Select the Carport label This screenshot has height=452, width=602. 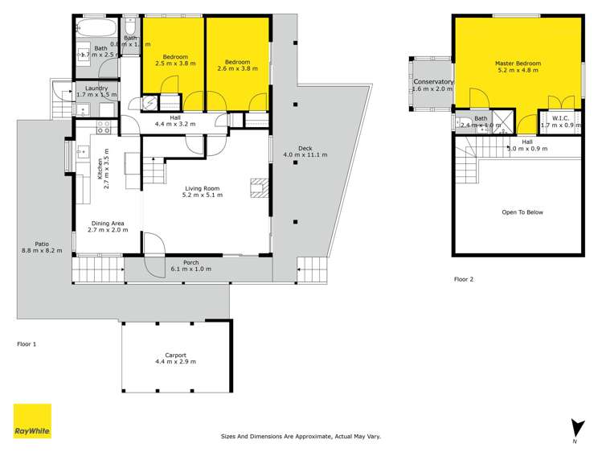click(x=175, y=355)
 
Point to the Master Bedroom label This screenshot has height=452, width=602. click(x=516, y=62)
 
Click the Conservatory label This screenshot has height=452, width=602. click(x=433, y=82)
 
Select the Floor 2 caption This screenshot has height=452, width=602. click(x=464, y=279)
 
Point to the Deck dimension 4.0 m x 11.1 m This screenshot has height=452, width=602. click(x=304, y=154)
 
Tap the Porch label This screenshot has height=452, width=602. click(x=191, y=261)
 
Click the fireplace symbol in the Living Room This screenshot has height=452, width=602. click(x=257, y=188)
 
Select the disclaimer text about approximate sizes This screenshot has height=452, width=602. click(x=300, y=436)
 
